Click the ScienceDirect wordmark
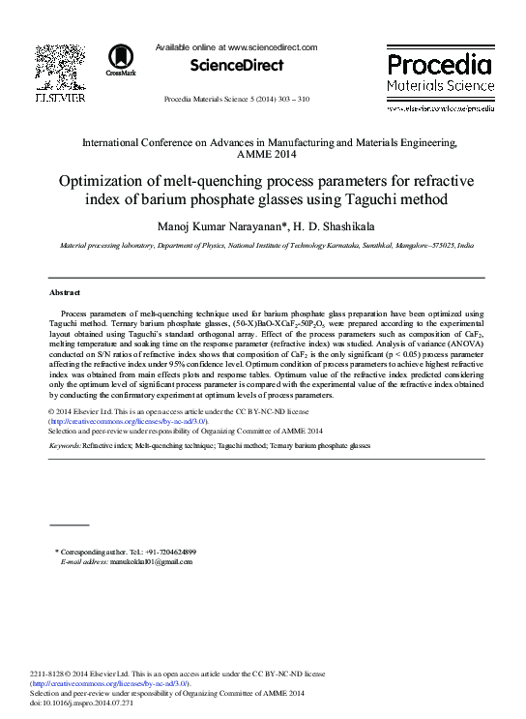pyautogui.click(x=236, y=66)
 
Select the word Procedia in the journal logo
pyautogui.click(x=439, y=65)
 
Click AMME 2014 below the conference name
pyautogui.click(x=268, y=154)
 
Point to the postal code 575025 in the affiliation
pyautogui.click(x=434, y=247)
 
